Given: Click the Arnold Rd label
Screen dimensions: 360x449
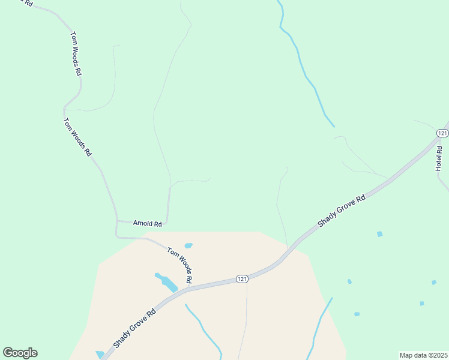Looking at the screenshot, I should point(148,223).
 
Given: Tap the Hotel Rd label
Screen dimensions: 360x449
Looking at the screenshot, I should point(439,158).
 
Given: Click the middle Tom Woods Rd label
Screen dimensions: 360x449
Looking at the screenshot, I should point(77,137).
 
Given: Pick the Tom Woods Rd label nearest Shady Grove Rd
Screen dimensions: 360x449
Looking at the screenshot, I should point(179,265).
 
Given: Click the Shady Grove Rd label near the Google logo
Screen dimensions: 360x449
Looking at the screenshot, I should point(135,328).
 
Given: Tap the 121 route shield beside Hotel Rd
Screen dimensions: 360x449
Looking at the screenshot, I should point(442,133).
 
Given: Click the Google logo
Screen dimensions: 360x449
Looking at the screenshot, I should point(20,353).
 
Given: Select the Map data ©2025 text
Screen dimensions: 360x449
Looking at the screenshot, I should point(424,355).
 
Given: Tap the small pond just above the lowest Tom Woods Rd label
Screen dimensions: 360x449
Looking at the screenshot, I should point(188,245).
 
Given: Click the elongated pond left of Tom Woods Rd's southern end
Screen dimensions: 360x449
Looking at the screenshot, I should point(166,282).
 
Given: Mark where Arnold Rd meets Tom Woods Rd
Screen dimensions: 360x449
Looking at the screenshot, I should point(116,221).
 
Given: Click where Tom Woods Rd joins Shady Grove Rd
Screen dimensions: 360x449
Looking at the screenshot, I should point(190,287).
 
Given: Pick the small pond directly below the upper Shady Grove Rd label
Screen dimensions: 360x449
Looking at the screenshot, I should point(379,234).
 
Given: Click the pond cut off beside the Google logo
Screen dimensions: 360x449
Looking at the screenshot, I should point(98,355).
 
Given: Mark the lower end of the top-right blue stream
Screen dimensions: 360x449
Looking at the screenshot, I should point(333,126).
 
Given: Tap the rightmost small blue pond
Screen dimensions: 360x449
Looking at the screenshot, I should point(433,282).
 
